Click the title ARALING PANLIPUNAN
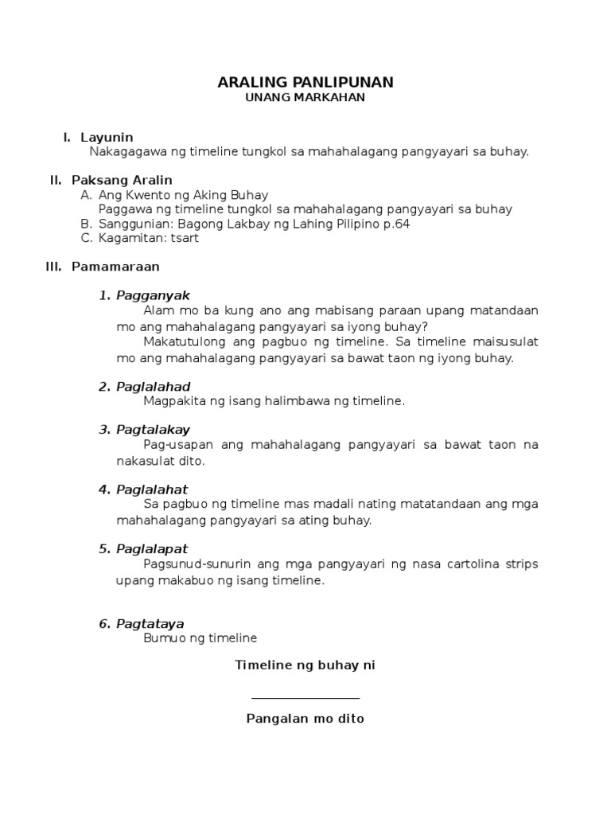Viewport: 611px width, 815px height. click(x=305, y=83)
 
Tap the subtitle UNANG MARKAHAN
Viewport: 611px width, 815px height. click(x=305, y=97)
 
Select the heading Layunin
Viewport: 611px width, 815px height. click(x=107, y=138)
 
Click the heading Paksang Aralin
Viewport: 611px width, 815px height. click(x=122, y=180)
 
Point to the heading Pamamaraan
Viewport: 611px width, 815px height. click(x=115, y=267)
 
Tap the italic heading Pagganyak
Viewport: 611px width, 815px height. click(x=154, y=296)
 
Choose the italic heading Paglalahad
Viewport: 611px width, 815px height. click(x=154, y=387)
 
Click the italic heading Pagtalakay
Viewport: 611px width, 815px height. click(x=154, y=430)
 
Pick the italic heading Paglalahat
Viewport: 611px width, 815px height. click(x=152, y=489)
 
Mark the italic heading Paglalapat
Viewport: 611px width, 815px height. click(x=152, y=548)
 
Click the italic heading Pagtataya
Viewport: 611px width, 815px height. click(x=150, y=624)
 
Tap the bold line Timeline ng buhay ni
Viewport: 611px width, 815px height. click(x=305, y=665)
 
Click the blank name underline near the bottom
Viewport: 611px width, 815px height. click(x=305, y=698)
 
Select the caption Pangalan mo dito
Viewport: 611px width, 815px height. click(x=305, y=719)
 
